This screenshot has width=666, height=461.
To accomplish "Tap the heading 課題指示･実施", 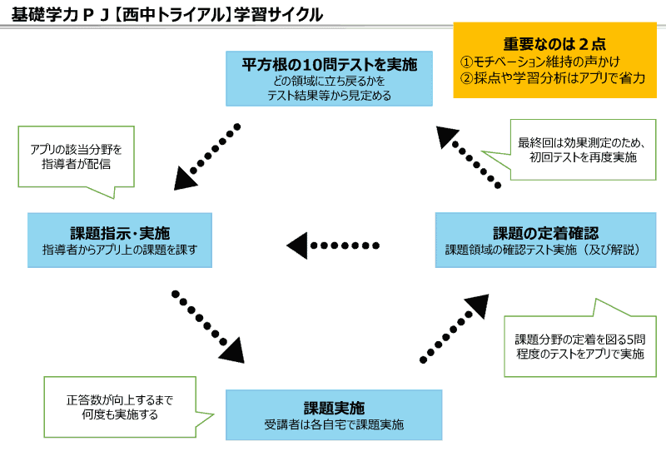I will point(120,230).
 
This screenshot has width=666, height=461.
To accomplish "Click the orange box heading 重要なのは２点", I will point(554,43).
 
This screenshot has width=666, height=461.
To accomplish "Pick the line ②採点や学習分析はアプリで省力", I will point(553,78).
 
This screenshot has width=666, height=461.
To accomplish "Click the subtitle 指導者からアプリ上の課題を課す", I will point(120,249).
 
